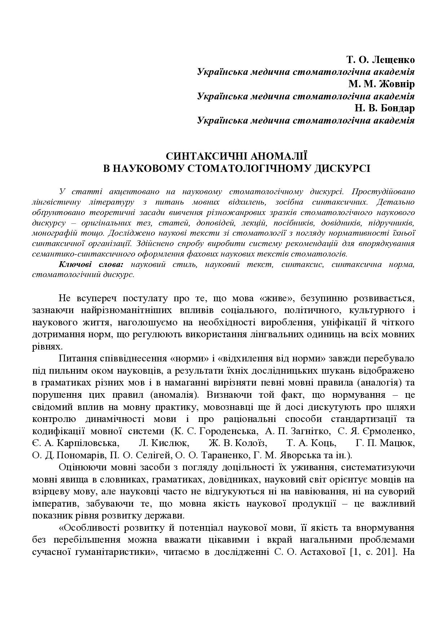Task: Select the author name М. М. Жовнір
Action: tap(381, 84)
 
